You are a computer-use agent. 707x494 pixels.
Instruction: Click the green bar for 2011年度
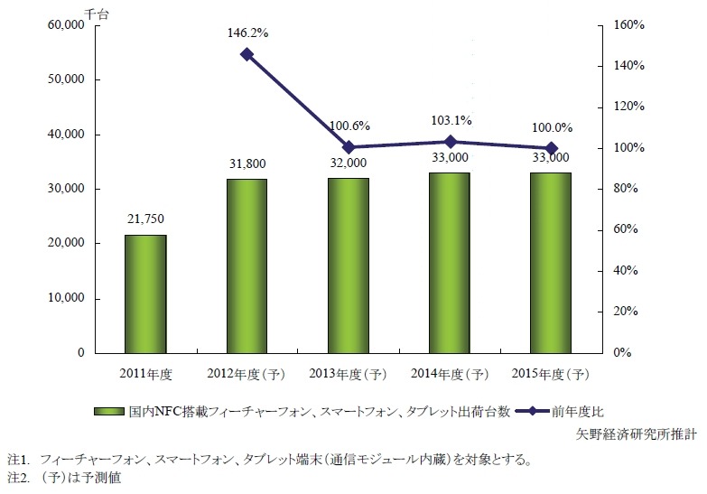(x=144, y=294)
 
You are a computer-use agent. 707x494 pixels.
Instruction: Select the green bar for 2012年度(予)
(x=247, y=266)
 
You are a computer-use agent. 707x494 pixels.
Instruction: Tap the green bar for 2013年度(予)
(x=348, y=265)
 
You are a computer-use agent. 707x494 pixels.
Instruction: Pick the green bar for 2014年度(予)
(x=450, y=262)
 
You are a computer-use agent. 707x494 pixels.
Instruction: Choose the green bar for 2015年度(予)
(x=551, y=262)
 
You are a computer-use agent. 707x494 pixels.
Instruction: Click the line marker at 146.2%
(x=247, y=54)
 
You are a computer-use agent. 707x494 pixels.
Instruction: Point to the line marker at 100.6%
(x=348, y=147)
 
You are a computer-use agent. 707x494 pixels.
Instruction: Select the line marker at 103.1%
(x=450, y=142)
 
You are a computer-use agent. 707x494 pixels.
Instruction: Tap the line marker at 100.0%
(x=551, y=148)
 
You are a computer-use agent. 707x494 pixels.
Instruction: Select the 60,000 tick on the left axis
(x=65, y=25)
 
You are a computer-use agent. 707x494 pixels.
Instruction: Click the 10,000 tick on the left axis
(x=65, y=298)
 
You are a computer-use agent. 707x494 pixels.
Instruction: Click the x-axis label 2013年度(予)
(x=348, y=373)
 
